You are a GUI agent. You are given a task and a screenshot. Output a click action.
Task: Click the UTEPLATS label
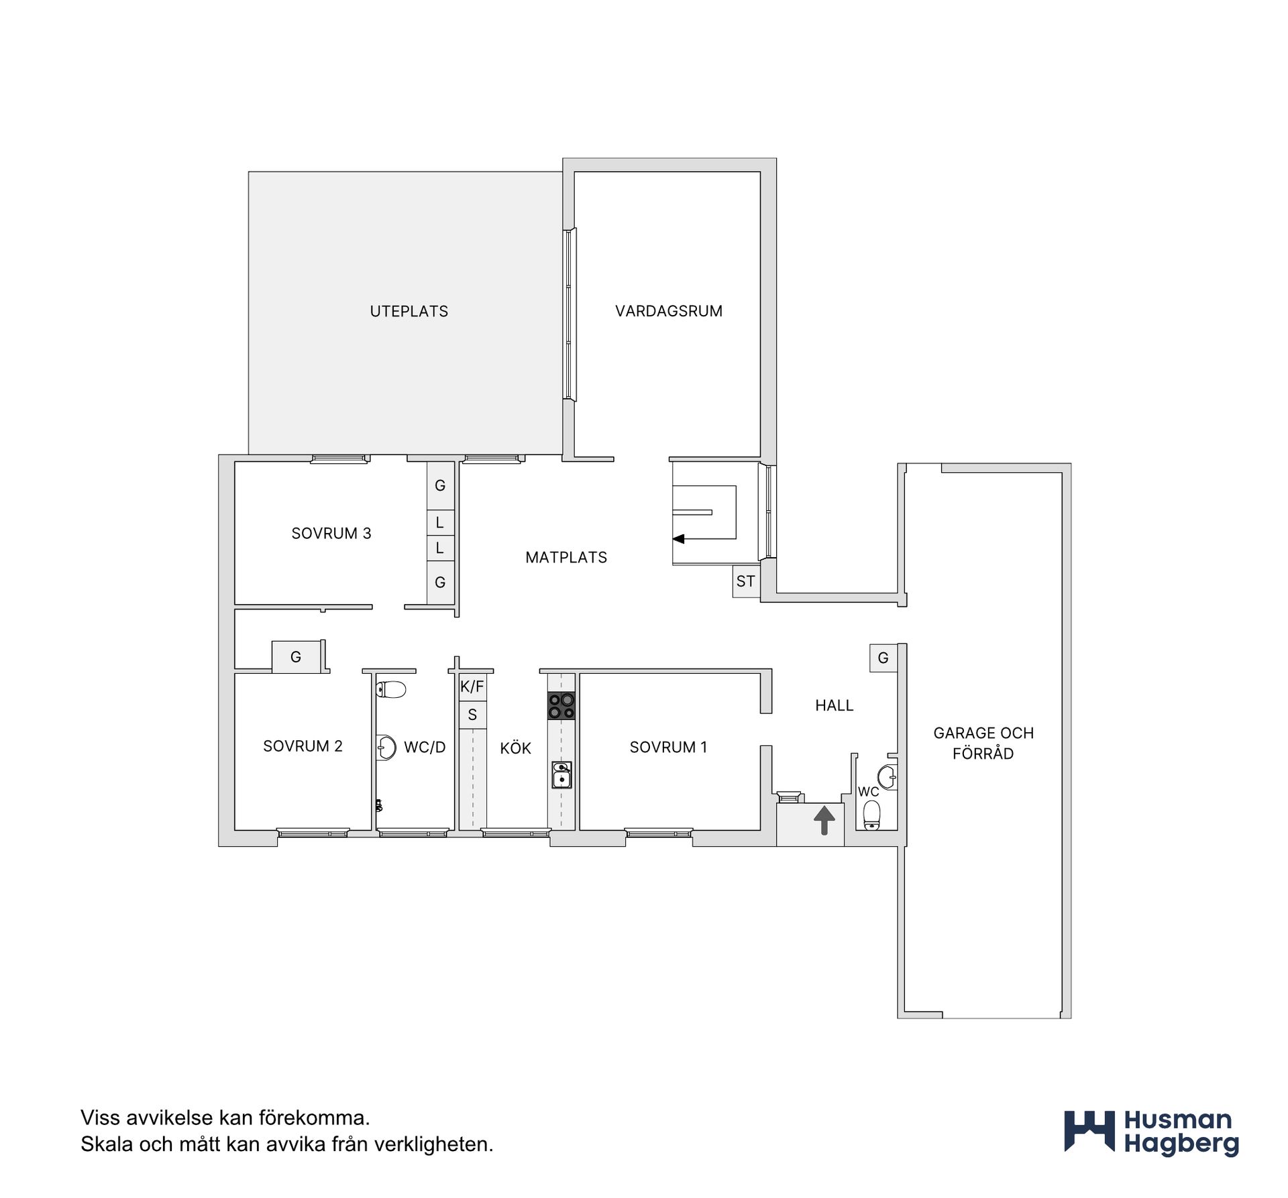pyautogui.click(x=409, y=311)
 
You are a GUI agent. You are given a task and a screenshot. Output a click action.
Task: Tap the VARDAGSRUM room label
pyautogui.click(x=669, y=311)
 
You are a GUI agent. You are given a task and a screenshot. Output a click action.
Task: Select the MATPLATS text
pyautogui.click(x=566, y=557)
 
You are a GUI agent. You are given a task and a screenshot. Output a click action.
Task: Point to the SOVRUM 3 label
pyautogui.click(x=331, y=533)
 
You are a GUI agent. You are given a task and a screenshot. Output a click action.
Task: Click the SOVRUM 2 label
pyautogui.click(x=303, y=746)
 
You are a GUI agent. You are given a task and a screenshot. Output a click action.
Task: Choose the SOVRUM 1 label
pyautogui.click(x=668, y=747)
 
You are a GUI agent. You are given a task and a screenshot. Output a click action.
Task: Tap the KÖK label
pyautogui.click(x=515, y=747)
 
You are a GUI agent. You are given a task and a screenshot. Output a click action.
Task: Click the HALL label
pyautogui.click(x=834, y=705)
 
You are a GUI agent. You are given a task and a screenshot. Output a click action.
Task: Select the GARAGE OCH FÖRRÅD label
pyautogui.click(x=983, y=743)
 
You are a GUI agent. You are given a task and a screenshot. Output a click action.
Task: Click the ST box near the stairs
pyautogui.click(x=745, y=581)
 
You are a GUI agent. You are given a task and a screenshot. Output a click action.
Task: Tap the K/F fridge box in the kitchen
pyautogui.click(x=472, y=687)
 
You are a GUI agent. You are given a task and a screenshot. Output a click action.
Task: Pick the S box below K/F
pyautogui.click(x=472, y=715)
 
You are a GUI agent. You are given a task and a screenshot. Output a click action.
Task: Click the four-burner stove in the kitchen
pyautogui.click(x=561, y=705)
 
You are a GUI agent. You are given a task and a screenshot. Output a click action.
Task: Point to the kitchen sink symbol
pyautogui.click(x=561, y=775)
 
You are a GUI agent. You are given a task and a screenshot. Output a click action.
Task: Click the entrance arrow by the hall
pyautogui.click(x=824, y=821)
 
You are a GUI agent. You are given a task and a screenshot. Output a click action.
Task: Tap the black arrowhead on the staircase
pyautogui.click(x=678, y=538)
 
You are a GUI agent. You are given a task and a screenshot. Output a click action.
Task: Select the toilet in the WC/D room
pyautogui.click(x=392, y=689)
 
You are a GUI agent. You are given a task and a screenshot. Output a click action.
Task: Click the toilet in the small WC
pyautogui.click(x=871, y=815)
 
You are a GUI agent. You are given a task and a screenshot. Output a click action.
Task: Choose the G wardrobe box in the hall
pyautogui.click(x=883, y=658)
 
